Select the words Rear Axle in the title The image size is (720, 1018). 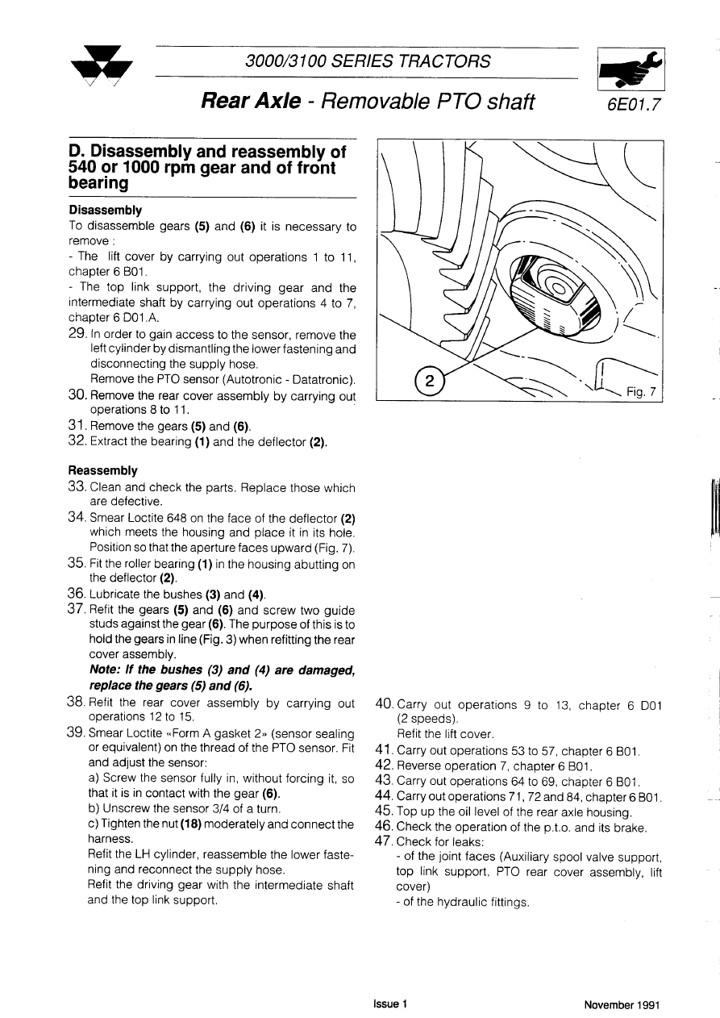[251, 101]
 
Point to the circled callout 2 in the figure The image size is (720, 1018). [430, 382]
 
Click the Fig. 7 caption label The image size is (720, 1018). [643, 392]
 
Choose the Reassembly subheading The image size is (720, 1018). [102, 470]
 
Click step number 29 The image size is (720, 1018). [78, 334]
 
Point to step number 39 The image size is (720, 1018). [78, 733]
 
